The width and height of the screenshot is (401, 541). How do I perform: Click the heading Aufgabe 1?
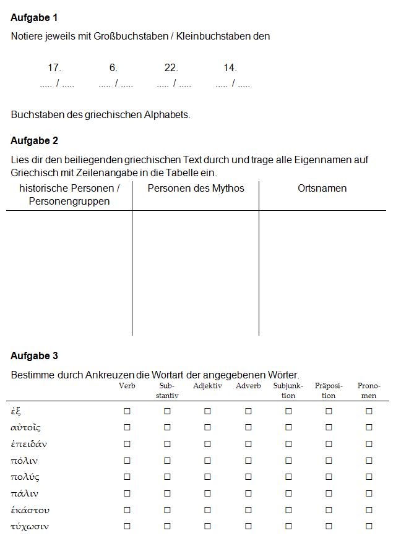pos(35,18)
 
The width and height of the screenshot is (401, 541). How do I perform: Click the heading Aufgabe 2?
pos(35,140)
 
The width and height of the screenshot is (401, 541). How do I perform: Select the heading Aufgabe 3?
pos(35,356)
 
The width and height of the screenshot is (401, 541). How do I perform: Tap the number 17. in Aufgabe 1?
pos(54,68)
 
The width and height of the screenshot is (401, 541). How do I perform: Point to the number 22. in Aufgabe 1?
pos(171,68)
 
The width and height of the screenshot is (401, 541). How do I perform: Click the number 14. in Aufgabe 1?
pos(230,68)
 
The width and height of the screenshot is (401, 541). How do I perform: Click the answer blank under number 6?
pos(116,83)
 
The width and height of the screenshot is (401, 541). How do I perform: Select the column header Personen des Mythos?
pos(196,189)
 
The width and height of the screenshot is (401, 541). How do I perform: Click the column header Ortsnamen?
pos(322,189)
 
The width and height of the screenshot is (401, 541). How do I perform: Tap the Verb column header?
pos(127,386)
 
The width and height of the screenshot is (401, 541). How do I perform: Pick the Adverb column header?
pos(248,386)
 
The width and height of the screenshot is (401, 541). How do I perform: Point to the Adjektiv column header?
pos(207,386)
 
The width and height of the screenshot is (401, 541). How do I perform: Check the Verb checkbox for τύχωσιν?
pos(127,526)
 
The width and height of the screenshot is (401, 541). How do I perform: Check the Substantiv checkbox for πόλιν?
pos(167,461)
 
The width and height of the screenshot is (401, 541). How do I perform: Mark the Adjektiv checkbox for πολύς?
pos(207,477)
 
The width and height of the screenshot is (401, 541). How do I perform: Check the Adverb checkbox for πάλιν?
pos(248,493)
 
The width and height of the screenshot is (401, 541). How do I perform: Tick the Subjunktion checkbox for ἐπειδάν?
pos(288,444)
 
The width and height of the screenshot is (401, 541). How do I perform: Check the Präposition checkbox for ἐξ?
pos(329,411)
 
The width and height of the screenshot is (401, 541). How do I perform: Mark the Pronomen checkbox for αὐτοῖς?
pos(369,427)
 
